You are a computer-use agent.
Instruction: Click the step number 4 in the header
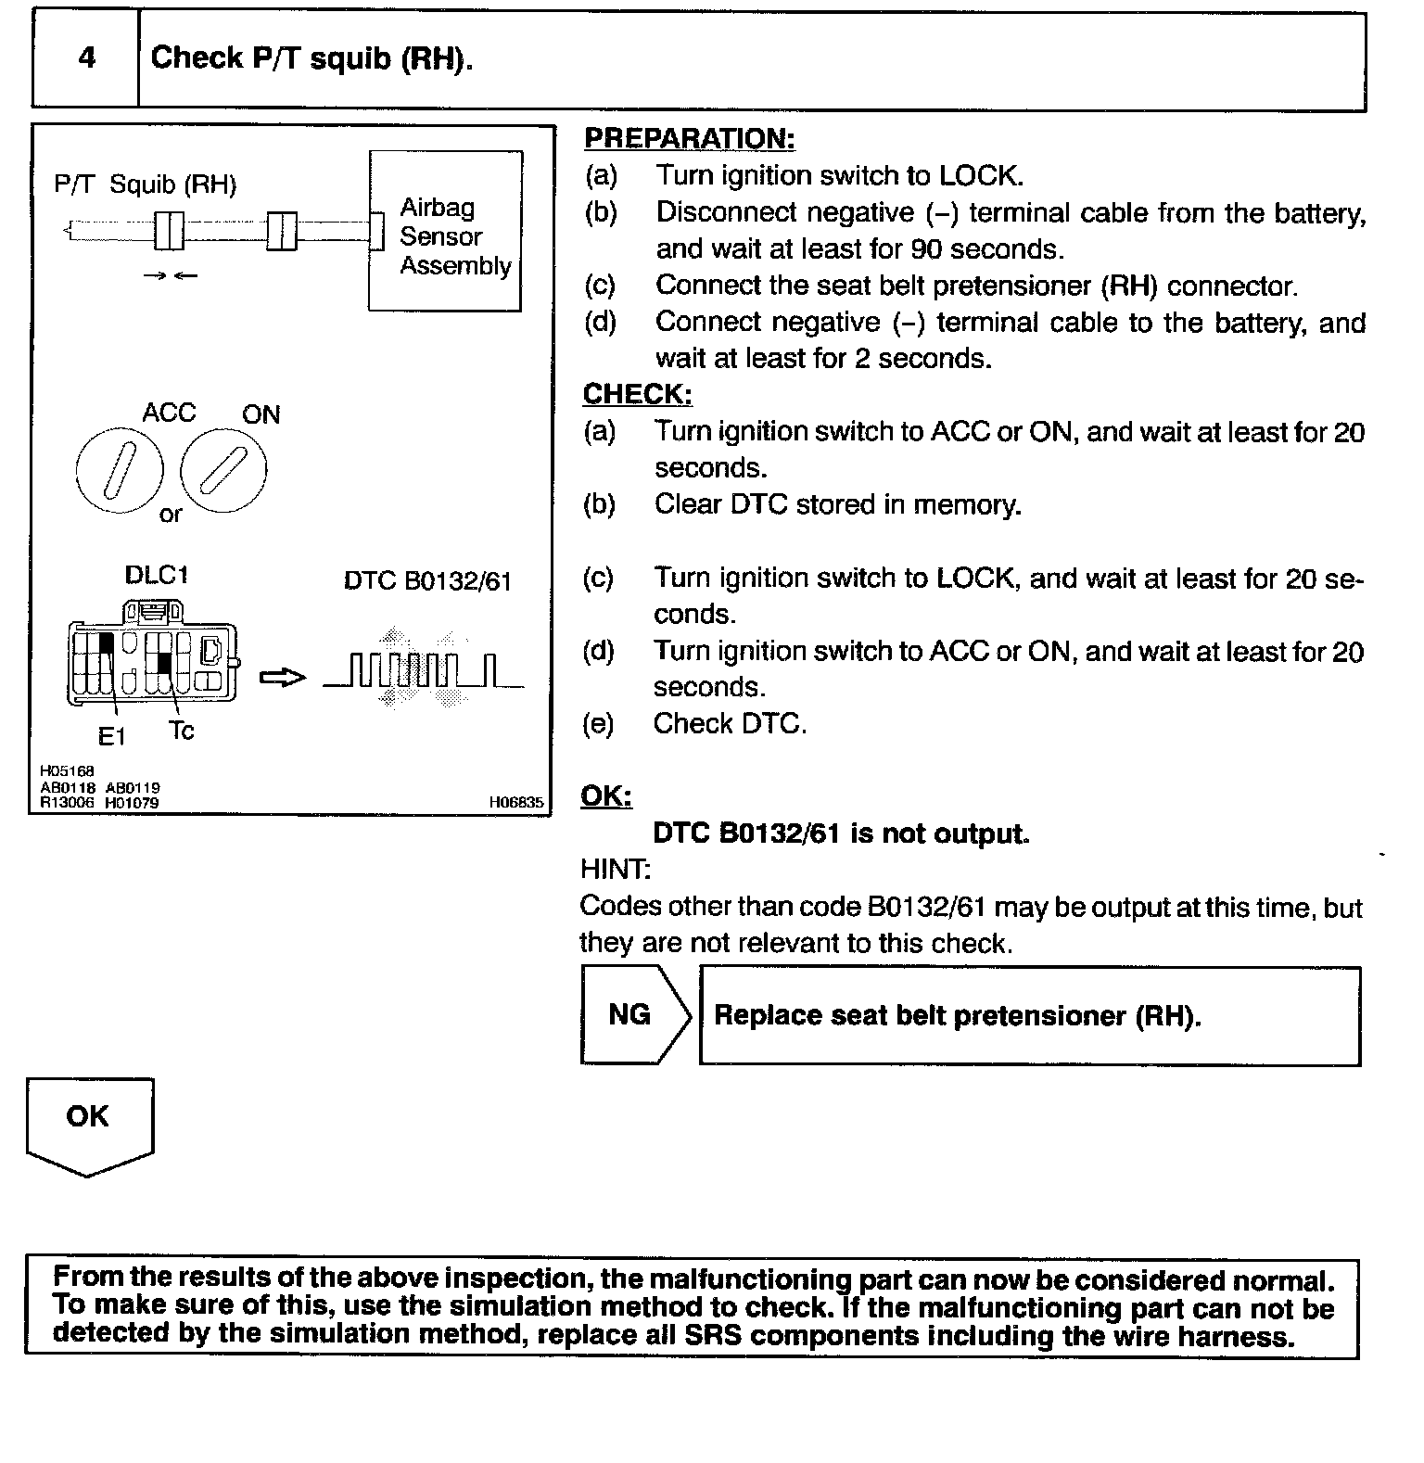[x=86, y=58]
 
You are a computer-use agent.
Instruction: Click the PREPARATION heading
[x=689, y=139]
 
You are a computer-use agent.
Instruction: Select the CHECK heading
[x=637, y=395]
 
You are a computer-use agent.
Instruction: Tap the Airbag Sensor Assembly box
[x=445, y=232]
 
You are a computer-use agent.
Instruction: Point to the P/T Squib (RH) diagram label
[x=146, y=184]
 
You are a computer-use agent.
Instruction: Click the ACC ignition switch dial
[x=119, y=468]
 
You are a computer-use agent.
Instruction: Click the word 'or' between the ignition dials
[x=171, y=515]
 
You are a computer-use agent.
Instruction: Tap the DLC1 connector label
[x=157, y=576]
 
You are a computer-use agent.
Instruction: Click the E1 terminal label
[x=111, y=737]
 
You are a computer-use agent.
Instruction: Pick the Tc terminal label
[x=182, y=731]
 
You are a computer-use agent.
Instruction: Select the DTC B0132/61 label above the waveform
[x=427, y=582]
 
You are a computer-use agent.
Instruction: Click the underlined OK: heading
[x=606, y=796]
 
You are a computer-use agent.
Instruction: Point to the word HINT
[x=616, y=871]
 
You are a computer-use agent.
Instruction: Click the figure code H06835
[x=516, y=803]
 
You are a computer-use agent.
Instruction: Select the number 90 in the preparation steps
[x=929, y=249]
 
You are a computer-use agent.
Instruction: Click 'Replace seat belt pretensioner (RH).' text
[x=958, y=1016]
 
